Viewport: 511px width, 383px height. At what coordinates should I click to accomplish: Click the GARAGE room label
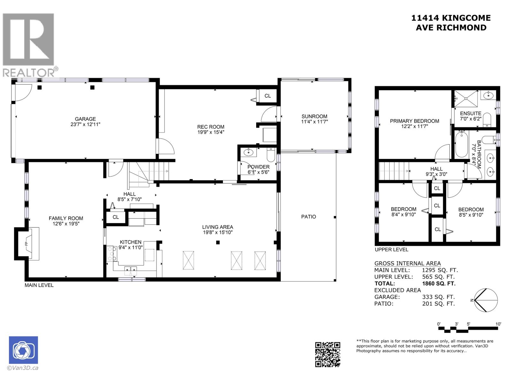(85, 119)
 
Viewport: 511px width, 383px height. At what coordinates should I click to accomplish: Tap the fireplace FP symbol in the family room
(27, 244)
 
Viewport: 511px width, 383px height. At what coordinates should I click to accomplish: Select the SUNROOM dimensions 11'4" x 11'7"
(314, 122)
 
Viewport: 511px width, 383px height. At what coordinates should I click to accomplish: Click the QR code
(328, 354)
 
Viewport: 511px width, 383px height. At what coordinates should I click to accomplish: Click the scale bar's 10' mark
(498, 324)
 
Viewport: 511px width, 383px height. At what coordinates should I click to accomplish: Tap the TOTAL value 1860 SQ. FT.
(439, 283)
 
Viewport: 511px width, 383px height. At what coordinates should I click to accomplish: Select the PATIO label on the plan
(309, 217)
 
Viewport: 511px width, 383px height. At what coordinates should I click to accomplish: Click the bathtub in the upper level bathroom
(461, 145)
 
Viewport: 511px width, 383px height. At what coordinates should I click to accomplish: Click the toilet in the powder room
(270, 154)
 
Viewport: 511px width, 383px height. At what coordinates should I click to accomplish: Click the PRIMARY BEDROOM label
(414, 121)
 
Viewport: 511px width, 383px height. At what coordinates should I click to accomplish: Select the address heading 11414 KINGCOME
(451, 18)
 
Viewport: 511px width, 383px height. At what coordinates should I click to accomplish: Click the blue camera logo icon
(23, 350)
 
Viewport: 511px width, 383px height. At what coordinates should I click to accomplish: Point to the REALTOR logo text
(29, 73)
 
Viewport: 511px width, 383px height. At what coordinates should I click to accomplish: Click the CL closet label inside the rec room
(268, 96)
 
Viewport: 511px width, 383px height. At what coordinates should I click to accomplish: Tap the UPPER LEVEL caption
(391, 250)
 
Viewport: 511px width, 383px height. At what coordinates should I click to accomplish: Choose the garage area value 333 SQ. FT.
(438, 297)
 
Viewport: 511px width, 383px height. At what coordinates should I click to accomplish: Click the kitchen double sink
(131, 270)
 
